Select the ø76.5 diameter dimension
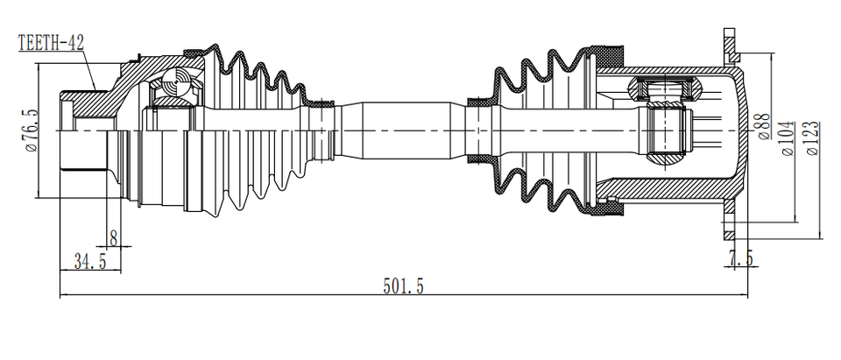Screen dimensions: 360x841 (x=32, y=131)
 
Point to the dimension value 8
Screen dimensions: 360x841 (x=114, y=236)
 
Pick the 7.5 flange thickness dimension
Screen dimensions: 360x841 (x=740, y=258)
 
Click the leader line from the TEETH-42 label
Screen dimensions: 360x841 (x=88, y=66)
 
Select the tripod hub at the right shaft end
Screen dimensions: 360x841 (x=670, y=131)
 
